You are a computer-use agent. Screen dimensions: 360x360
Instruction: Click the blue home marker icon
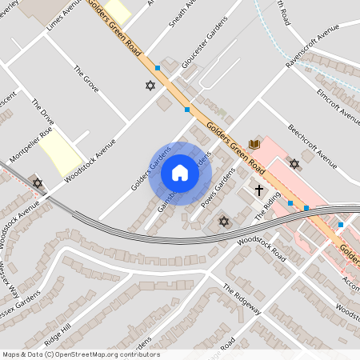pos(180,173)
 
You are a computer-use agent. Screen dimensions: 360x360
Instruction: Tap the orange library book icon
pos(254,144)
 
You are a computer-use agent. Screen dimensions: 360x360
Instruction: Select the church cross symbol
pos(258,190)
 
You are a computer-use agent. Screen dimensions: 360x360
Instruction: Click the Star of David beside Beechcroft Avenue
pos(294,164)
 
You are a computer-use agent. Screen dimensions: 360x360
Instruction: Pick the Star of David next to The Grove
pos(149,86)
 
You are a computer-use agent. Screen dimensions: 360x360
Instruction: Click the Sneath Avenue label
pos(183,16)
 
